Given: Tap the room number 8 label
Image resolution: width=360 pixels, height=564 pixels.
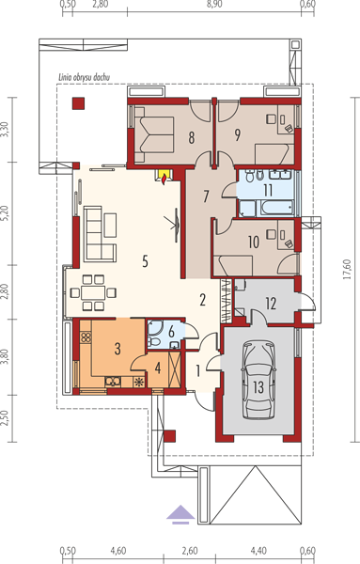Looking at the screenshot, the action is click(192, 137).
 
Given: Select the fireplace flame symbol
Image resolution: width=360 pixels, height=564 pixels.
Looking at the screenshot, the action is click(164, 178).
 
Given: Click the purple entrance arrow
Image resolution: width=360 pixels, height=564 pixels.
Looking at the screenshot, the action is click(180, 514).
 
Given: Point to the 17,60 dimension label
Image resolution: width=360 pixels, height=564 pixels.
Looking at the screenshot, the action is click(347, 270).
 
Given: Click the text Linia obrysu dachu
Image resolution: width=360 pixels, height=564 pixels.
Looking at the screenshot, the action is click(85, 77).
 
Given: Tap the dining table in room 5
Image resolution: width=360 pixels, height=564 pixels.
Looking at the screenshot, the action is click(93, 292).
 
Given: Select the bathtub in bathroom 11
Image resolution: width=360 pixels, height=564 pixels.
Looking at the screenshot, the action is click(277, 208).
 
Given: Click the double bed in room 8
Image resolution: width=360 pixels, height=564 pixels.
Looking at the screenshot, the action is click(155, 135).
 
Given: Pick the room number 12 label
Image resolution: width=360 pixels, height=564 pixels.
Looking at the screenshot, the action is click(271, 304).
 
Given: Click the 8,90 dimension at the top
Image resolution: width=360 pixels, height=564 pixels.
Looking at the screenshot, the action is click(214, 5).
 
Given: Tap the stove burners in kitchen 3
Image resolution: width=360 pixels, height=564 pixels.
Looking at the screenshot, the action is click(86, 337).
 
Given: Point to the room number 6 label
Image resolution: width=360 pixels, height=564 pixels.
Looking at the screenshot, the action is click(171, 332).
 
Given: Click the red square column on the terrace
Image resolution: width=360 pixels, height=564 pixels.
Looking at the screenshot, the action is click(78, 103).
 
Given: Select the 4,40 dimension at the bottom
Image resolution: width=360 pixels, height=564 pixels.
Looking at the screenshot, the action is click(258, 551).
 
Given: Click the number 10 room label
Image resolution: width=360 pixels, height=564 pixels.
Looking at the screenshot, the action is click(254, 243).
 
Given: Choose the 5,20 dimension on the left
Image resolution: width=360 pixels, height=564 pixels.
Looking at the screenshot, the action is click(5, 213).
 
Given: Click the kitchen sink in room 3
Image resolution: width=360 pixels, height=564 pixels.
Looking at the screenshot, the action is click(113, 381).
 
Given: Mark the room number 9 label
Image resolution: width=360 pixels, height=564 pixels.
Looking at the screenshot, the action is click(237, 134).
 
